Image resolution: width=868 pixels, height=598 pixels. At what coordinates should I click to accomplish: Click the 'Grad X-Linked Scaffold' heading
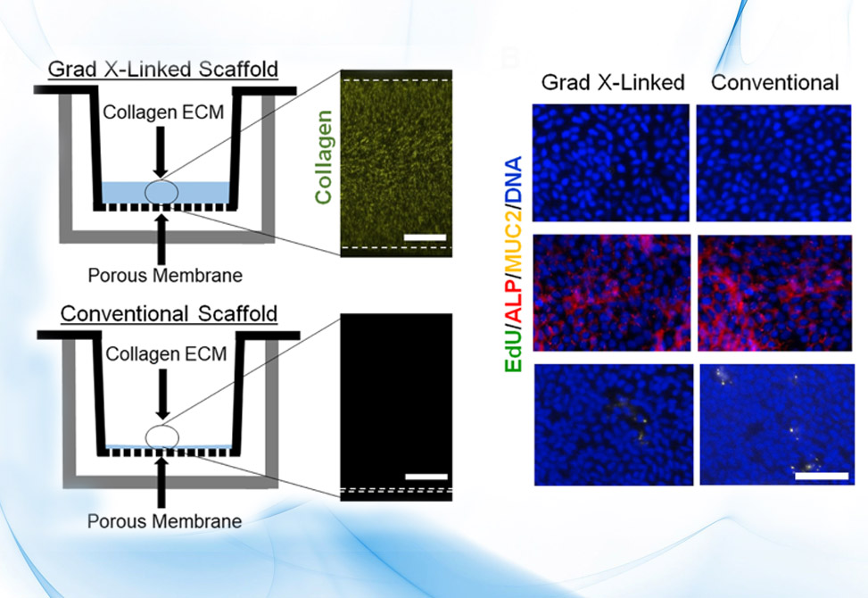pos(162,70)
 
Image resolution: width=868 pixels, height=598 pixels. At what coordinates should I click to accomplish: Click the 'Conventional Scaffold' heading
pos(169,313)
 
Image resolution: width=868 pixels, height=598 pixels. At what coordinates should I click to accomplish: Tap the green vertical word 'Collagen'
pos(323,157)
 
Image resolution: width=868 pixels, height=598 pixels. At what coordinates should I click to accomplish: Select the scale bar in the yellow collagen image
pos(425,237)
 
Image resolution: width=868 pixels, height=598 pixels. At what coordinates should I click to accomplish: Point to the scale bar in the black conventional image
pos(426,477)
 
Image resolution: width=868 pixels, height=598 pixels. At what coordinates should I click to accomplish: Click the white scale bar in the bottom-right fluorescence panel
pos(822,476)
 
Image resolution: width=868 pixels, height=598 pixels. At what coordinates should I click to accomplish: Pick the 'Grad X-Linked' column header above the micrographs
pos(613,82)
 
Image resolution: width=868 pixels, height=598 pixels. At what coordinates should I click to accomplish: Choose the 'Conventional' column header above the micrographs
pos(775,82)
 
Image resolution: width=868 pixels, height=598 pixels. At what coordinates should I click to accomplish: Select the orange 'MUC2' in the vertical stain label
pos(514,243)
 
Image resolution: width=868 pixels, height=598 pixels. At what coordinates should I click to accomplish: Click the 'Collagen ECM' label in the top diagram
pos(163,112)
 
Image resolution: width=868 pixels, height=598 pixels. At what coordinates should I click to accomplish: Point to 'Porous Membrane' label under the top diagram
pos(165,275)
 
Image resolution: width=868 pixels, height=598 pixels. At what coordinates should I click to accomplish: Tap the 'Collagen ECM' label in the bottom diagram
pos(166,353)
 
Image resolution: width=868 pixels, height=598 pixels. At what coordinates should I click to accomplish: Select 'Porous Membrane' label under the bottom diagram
pos(164,521)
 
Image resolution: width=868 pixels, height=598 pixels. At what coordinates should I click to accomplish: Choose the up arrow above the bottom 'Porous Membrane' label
pos(161,480)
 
